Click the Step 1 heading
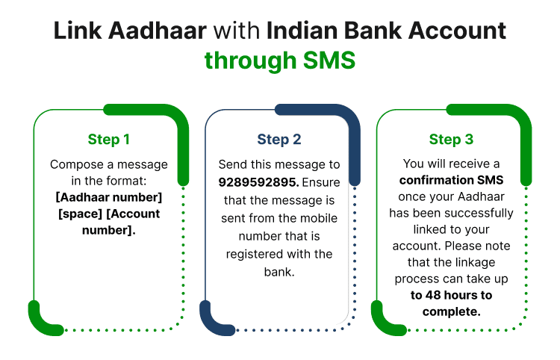(109, 139)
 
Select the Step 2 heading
(279, 139)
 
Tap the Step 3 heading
(451, 139)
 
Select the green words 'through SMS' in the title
(280, 60)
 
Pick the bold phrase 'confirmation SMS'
(451, 180)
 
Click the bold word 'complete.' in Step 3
(451, 311)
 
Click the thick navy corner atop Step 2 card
(329, 120)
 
